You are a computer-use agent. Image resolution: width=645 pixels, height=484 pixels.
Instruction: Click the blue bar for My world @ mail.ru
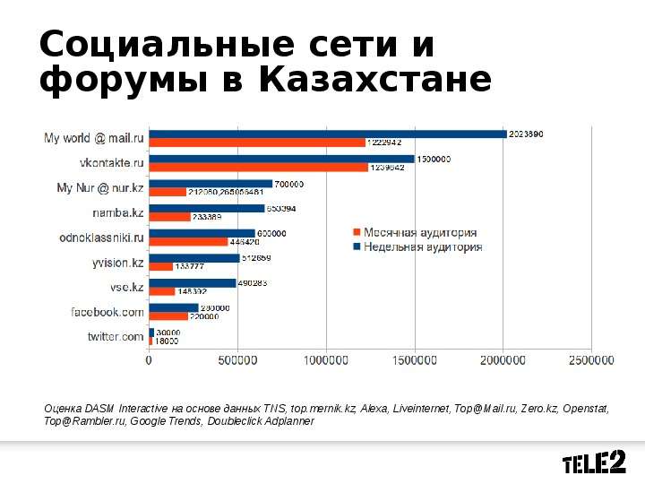[328, 134]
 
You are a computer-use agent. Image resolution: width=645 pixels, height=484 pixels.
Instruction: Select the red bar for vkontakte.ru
[258, 167]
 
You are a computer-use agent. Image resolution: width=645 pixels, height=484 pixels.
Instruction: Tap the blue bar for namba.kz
[207, 209]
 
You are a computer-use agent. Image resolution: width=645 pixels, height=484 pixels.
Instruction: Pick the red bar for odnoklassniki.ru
[188, 241]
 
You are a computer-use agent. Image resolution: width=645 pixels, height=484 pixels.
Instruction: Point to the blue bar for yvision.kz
[194, 258]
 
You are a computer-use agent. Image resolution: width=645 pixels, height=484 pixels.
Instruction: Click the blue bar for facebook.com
[174, 307]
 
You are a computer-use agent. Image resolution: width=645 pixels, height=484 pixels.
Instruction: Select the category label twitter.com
[115, 337]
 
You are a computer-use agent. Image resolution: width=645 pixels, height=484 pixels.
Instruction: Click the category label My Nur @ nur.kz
[99, 188]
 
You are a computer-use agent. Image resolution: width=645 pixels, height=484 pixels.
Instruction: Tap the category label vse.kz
[125, 288]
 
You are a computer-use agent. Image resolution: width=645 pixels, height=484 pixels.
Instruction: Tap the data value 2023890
[526, 134]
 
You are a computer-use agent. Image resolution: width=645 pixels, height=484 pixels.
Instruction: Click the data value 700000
[290, 184]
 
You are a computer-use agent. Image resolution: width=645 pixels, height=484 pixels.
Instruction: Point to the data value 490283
[254, 283]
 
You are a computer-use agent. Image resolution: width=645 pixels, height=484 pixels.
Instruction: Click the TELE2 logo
[593, 462]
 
